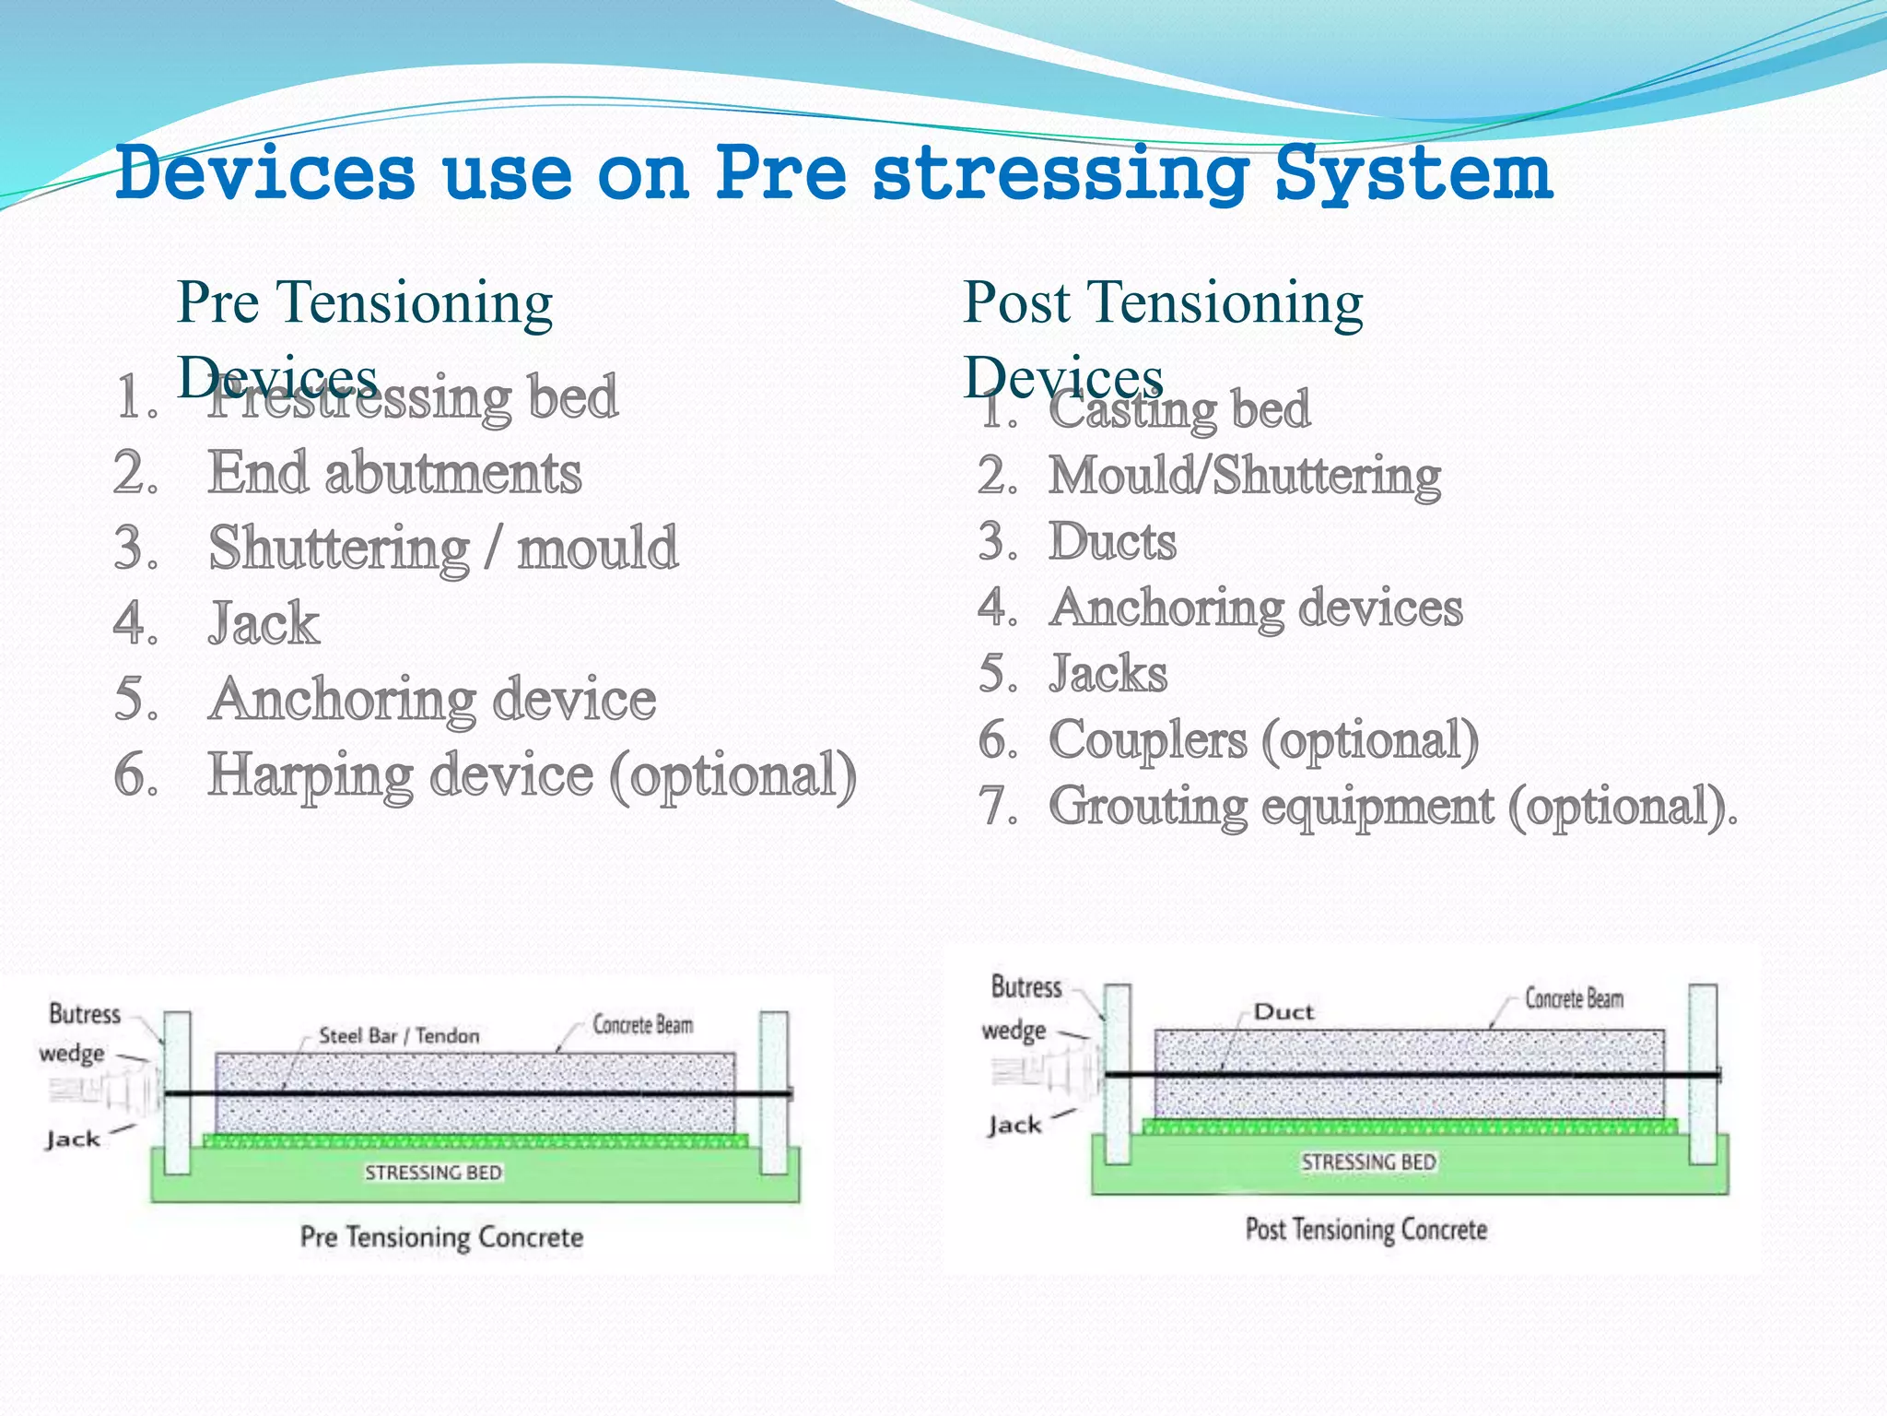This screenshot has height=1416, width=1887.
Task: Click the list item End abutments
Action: point(394,473)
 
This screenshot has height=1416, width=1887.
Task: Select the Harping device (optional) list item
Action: point(532,775)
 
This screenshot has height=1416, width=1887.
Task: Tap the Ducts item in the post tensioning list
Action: point(1112,541)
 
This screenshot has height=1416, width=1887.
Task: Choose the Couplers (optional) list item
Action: point(1263,740)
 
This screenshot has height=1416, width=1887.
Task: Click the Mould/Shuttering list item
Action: point(1244,476)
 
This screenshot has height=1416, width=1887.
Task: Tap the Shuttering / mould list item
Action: point(442,549)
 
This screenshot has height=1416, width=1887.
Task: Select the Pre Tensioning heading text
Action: point(364,302)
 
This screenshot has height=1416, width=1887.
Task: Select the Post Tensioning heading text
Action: point(1163,302)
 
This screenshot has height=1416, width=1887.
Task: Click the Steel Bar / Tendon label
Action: point(399,1035)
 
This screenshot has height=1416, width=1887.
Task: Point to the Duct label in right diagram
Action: point(1283,1012)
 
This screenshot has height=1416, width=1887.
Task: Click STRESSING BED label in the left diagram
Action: point(433,1173)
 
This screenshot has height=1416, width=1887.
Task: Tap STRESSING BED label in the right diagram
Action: point(1368,1162)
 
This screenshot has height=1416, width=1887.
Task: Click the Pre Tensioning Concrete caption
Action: point(441,1237)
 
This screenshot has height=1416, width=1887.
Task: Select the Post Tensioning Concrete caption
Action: point(1365,1230)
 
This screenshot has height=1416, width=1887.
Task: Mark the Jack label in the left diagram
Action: point(73,1139)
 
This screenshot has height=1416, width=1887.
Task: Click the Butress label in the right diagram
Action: point(1026,987)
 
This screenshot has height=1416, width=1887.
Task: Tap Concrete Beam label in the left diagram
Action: point(642,1025)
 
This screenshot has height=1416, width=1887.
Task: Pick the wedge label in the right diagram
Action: point(1014,1030)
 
